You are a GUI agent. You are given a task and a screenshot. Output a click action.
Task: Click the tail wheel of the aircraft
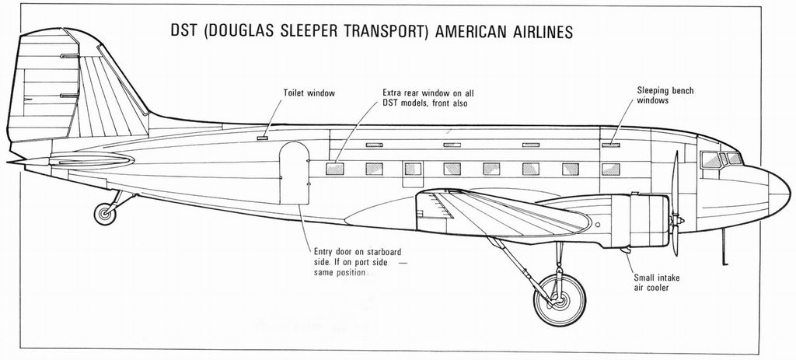pos(105,214)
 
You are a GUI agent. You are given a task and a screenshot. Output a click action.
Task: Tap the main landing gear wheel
pos(560,300)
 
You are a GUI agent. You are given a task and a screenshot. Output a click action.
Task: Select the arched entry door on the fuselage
pos(295,173)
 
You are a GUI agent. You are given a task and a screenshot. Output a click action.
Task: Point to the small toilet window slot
pos(263,138)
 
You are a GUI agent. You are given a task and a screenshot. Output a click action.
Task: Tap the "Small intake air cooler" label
pos(656,283)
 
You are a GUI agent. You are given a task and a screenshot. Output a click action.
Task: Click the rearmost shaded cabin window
pos(334,169)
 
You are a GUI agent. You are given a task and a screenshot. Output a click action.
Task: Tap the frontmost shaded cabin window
pos(611,169)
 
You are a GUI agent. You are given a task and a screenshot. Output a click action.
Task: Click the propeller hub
pos(677,221)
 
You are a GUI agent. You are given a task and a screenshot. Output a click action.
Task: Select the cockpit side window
pos(710,160)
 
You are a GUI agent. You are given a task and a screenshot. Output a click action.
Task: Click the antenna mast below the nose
pos(724,246)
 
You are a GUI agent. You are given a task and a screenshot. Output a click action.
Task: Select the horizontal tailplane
pos(92,161)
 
